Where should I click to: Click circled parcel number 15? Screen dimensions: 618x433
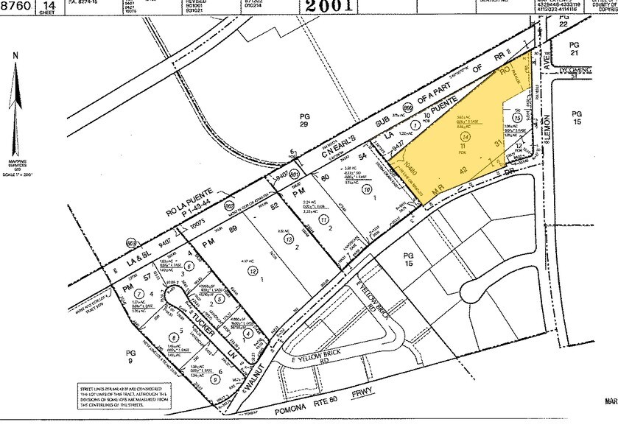pyautogui.click(x=518, y=117)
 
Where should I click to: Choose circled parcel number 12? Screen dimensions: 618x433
pyautogui.click(x=253, y=272)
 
